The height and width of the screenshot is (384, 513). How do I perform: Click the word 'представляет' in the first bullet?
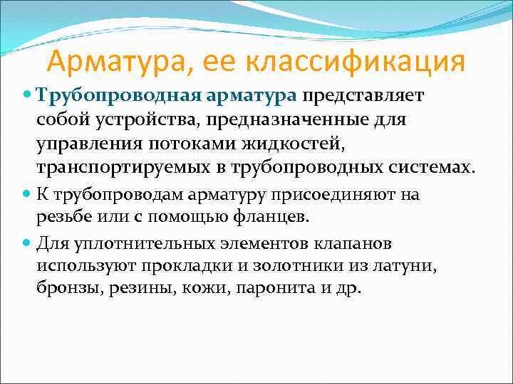click(x=363, y=95)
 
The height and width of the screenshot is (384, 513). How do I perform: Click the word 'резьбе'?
click(x=65, y=216)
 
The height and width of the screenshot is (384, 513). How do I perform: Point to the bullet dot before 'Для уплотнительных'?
click(x=28, y=242)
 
